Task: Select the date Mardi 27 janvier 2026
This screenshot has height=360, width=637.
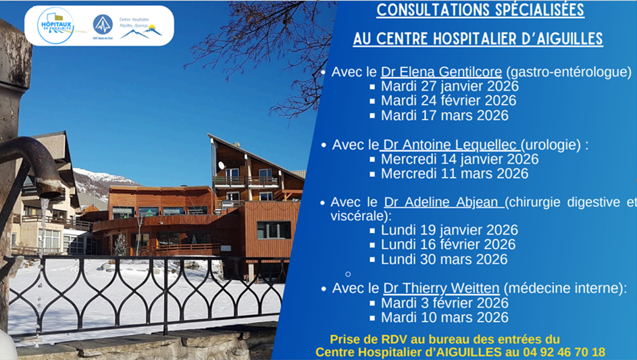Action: tap(449, 86)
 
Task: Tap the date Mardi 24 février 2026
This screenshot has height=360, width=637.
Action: tap(449, 101)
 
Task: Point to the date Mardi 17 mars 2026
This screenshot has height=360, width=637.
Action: tap(444, 115)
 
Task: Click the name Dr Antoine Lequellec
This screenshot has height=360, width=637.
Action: tap(451, 145)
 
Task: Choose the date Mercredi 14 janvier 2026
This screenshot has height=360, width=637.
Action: tap(459, 159)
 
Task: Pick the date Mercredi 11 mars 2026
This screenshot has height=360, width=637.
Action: tap(455, 174)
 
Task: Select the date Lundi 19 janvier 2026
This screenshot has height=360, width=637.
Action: tap(449, 230)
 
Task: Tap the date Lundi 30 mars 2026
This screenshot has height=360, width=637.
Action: tap(444, 259)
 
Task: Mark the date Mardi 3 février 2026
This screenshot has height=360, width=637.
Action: tap(444, 303)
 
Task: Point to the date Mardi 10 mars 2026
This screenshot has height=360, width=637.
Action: tap(444, 317)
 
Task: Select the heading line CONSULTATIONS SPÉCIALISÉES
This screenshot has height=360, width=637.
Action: tap(480, 11)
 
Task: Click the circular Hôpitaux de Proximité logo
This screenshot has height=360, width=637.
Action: tap(55, 26)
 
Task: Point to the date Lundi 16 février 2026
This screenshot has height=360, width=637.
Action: tap(448, 245)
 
